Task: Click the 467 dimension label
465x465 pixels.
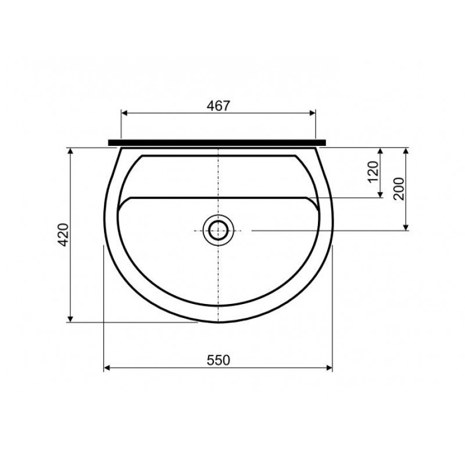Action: (x=219, y=106)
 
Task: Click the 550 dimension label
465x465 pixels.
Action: (x=219, y=360)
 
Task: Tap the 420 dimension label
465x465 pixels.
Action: (x=63, y=235)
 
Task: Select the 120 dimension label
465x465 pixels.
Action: (x=373, y=172)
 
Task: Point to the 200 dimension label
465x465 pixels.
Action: (x=399, y=189)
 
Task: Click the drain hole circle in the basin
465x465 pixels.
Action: (x=219, y=230)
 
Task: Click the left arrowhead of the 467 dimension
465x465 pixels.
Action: (x=125, y=113)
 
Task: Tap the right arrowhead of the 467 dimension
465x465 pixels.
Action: (x=312, y=113)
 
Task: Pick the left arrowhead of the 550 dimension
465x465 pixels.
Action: (x=108, y=368)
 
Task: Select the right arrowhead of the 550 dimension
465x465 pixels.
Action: (x=328, y=368)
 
